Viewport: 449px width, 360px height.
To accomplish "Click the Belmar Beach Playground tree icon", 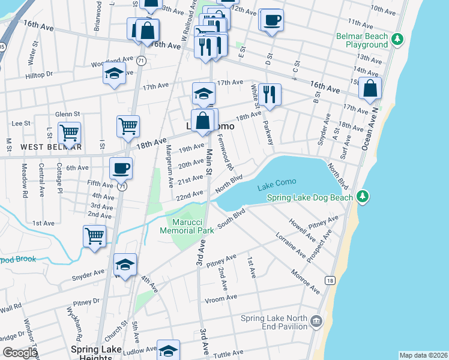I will click(x=396, y=40).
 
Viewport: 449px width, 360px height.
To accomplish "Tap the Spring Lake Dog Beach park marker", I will click(x=362, y=197).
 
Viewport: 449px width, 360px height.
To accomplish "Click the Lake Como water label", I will click(x=278, y=187).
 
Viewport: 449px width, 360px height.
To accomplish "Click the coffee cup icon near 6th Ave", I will click(x=121, y=168).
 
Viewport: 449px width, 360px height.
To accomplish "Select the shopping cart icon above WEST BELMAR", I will click(x=70, y=132).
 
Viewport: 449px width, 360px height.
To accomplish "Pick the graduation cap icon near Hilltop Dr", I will click(x=113, y=74).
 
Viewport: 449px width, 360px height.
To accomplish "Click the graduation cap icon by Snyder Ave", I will click(x=125, y=265).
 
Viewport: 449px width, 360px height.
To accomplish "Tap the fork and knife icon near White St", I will click(x=270, y=94).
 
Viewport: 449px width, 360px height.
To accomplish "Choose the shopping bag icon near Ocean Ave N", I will click(x=370, y=88).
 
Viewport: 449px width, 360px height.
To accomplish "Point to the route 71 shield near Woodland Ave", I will click(x=140, y=61).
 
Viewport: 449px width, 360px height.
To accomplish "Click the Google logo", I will click(x=19, y=353).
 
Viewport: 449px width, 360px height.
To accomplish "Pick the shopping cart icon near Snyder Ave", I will click(x=95, y=235).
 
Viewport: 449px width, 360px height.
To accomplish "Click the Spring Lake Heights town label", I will click(x=96, y=353).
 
